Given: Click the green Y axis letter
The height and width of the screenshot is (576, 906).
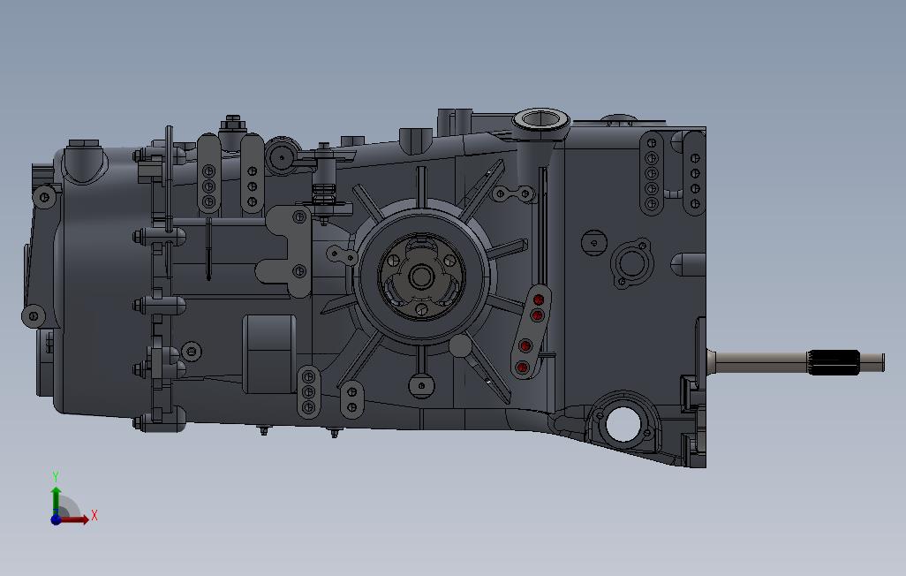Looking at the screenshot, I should pyautogui.click(x=56, y=477).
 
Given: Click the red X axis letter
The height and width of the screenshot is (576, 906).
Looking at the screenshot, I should pyautogui.click(x=94, y=516).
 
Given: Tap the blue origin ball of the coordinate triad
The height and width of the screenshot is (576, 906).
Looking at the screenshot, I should pyautogui.click(x=56, y=519).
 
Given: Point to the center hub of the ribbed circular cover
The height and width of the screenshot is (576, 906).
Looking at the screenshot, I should pyautogui.click(x=420, y=277).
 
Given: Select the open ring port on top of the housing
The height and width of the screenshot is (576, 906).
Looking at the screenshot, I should pyautogui.click(x=540, y=119).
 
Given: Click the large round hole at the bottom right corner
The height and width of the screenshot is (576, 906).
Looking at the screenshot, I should pyautogui.click(x=623, y=425).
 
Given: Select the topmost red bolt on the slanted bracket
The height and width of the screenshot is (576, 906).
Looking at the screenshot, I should pyautogui.click(x=538, y=299).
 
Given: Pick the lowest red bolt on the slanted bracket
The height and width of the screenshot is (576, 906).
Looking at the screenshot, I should pyautogui.click(x=522, y=367).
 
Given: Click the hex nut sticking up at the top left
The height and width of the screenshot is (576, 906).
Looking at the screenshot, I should pyautogui.click(x=233, y=123).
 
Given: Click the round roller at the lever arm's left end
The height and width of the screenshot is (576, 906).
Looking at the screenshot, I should pyautogui.click(x=282, y=156).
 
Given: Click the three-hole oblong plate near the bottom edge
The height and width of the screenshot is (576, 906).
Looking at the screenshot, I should pyautogui.click(x=308, y=390).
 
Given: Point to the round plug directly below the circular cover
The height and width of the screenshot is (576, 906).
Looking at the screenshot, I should pyautogui.click(x=421, y=384).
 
